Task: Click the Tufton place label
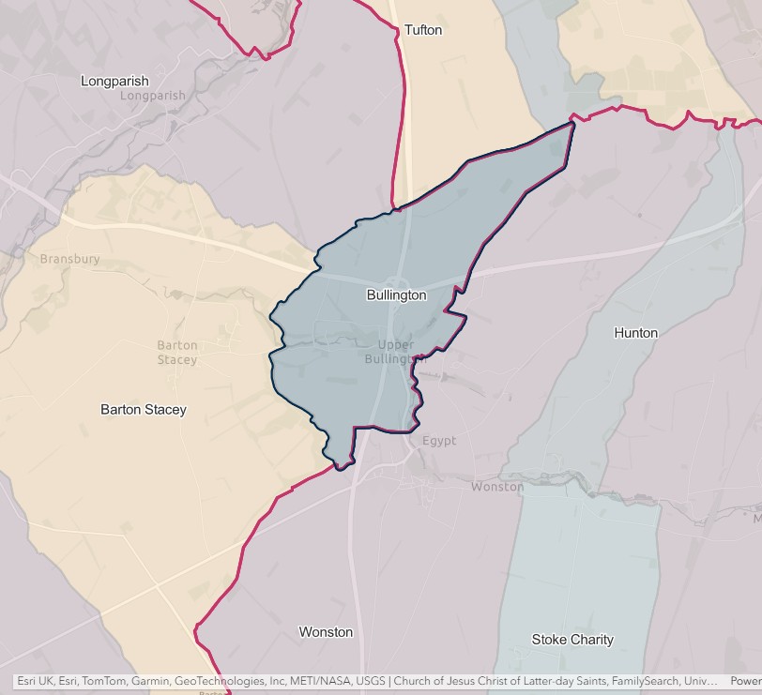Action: [x=422, y=30]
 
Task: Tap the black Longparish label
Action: [x=114, y=82]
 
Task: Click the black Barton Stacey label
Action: [x=144, y=410]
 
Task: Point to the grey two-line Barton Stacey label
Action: [x=177, y=353]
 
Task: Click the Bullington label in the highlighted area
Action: [x=396, y=295]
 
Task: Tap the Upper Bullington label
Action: [x=395, y=352]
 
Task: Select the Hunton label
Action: [x=635, y=333]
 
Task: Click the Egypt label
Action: [x=438, y=441]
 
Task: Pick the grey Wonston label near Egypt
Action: [x=497, y=487]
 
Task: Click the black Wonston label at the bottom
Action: [x=326, y=632]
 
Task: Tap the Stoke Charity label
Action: [x=572, y=640]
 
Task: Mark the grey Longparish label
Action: [x=153, y=96]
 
